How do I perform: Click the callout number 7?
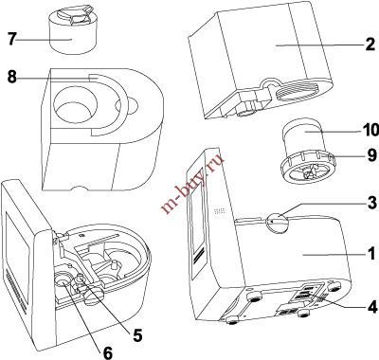[11, 39]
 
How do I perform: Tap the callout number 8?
[11, 77]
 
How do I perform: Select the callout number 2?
[370, 45]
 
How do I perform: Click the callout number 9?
[372, 154]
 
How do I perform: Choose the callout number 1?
[371, 253]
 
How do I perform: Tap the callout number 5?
[137, 335]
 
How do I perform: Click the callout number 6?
[108, 353]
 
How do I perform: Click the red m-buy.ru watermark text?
[192, 183]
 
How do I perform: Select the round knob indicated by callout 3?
[278, 223]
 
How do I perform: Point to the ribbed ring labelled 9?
[307, 167]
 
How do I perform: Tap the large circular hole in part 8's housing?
[75, 105]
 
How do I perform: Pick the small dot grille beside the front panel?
[220, 211]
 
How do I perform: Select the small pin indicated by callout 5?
[81, 281]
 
